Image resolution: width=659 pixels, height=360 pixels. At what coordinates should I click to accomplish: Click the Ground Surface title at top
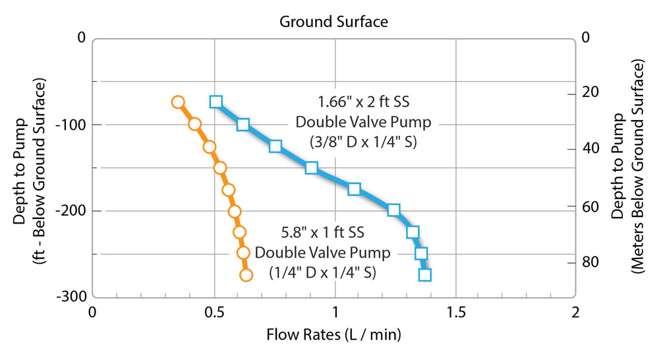click(333, 21)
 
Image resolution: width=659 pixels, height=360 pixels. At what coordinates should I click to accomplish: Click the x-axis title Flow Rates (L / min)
click(333, 334)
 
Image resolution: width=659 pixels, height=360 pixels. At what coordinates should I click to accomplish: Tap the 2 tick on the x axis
click(576, 311)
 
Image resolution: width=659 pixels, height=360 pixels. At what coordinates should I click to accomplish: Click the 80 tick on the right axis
click(588, 262)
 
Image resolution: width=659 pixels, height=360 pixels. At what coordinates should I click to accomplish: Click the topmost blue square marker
click(215, 102)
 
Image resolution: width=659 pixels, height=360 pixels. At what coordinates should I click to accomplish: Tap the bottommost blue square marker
click(425, 275)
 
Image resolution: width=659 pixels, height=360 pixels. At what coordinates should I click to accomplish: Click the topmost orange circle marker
click(177, 102)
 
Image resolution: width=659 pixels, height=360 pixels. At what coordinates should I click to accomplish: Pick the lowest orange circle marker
click(246, 275)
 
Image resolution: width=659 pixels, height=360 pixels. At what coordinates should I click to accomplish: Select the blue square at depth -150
click(312, 167)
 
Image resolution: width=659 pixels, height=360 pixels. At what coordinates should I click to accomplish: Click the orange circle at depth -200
click(234, 212)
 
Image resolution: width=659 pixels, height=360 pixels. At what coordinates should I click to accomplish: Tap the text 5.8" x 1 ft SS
click(319, 232)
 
